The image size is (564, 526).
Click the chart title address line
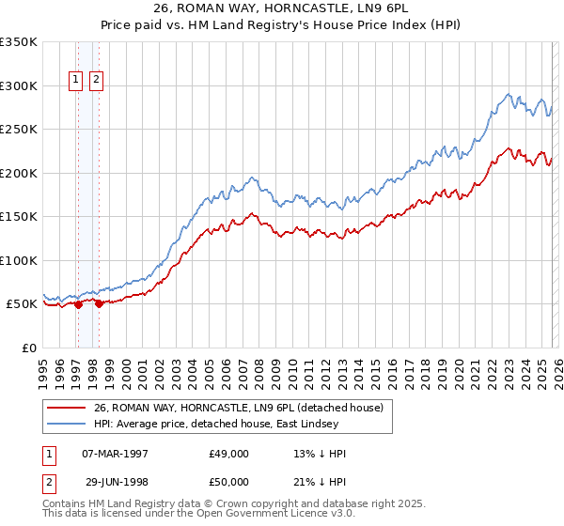click(281, 8)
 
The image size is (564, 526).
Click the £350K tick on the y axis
click(19, 42)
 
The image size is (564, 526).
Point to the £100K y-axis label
click(19, 260)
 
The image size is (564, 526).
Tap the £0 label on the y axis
click(29, 348)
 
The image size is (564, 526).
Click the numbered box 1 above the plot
click(76, 81)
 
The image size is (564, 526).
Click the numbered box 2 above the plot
click(97, 81)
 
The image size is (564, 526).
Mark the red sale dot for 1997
click(78, 304)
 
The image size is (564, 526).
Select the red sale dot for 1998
click(100, 303)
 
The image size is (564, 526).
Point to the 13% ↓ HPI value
click(320, 454)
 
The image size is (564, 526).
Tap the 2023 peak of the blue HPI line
click(508, 94)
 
